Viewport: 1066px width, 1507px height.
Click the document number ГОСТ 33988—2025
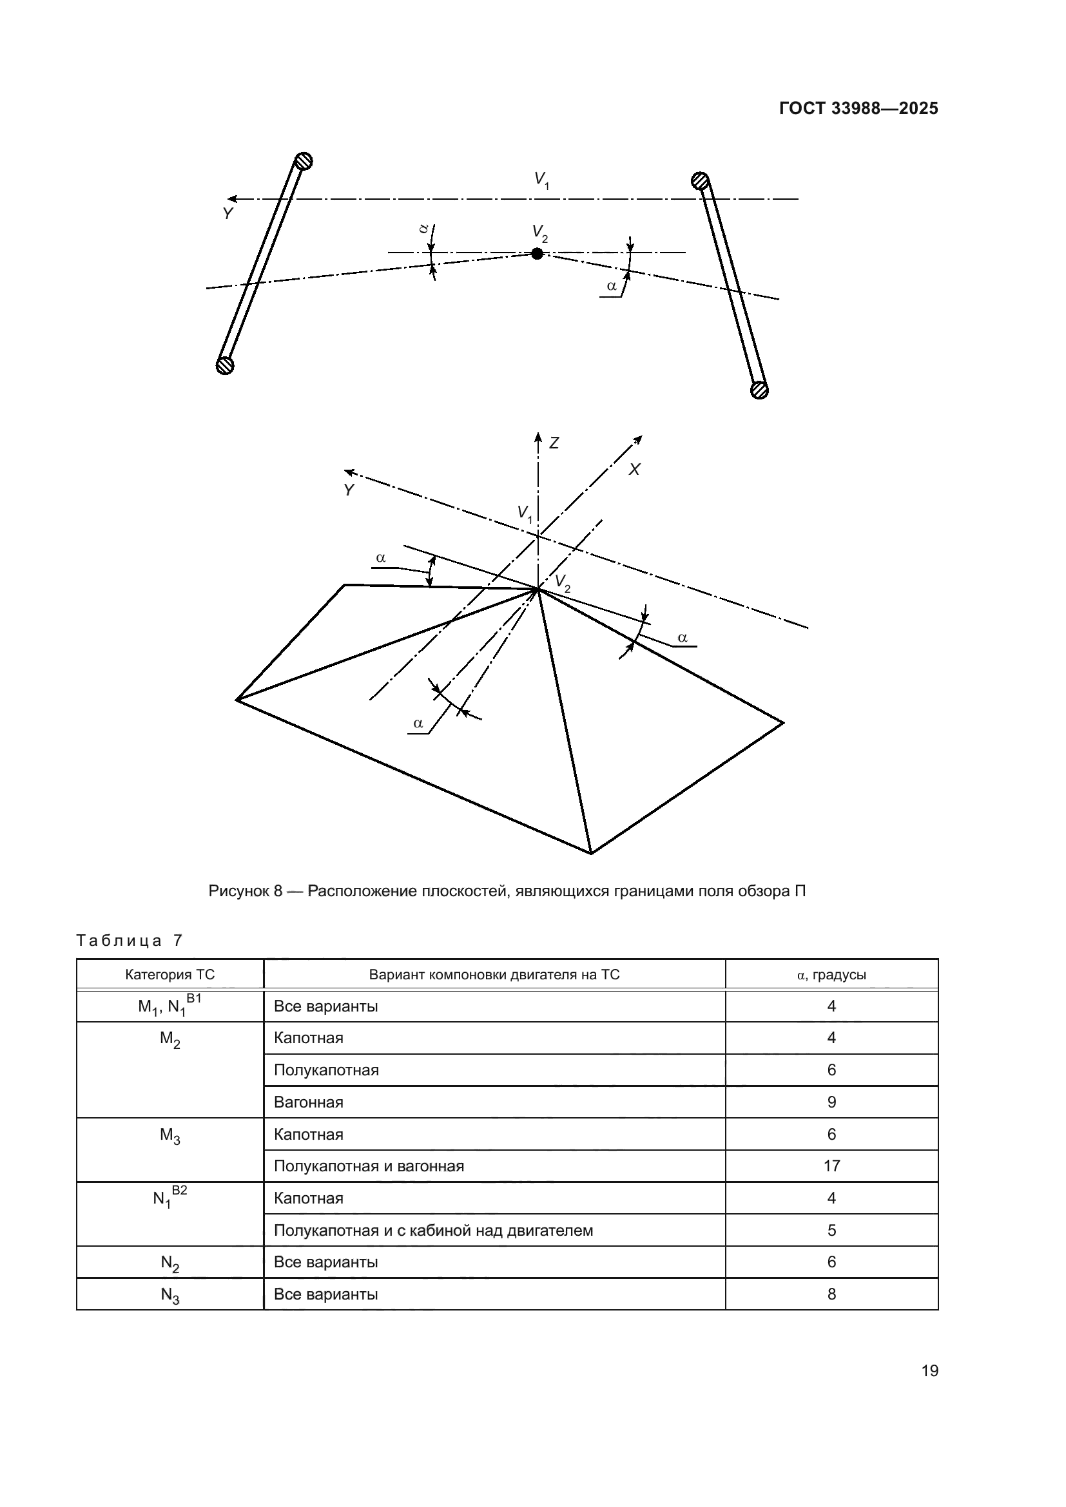(858, 109)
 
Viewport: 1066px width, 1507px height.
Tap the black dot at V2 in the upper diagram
(537, 253)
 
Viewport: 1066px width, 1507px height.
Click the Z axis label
(554, 444)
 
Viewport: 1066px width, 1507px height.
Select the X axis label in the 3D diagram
(634, 470)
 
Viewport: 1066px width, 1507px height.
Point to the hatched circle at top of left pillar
(303, 161)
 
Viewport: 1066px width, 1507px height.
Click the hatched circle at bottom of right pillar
(759, 390)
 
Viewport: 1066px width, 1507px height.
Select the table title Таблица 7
(130, 941)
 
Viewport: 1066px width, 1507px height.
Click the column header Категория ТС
(170, 975)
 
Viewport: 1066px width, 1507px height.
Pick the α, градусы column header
(831, 975)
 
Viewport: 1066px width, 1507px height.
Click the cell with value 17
(831, 1166)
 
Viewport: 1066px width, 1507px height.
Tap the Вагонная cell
(309, 1102)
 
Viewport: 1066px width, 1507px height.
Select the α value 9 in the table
(831, 1102)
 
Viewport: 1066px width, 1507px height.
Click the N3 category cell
(170, 1295)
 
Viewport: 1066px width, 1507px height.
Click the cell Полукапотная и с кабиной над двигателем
(433, 1231)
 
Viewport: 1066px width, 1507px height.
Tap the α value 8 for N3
(831, 1294)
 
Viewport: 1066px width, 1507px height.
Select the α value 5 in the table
(831, 1231)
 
